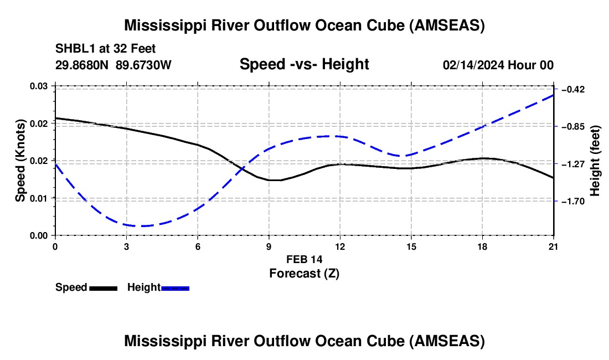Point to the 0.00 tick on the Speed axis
point(38,236)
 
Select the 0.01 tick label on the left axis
point(38,198)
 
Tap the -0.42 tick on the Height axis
point(573,90)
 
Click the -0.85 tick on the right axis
point(573,127)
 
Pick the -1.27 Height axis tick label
point(573,164)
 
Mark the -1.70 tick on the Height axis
point(573,201)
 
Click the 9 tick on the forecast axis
point(269,246)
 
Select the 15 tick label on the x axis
point(411,246)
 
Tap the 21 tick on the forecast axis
point(554,246)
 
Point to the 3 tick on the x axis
point(127,246)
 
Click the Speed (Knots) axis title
point(20,161)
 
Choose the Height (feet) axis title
point(595,161)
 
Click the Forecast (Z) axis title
point(304,274)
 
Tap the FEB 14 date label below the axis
point(304,259)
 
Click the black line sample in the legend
point(104,289)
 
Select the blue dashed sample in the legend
point(175,289)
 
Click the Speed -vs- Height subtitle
point(304,64)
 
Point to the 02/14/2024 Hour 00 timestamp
point(498,65)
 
